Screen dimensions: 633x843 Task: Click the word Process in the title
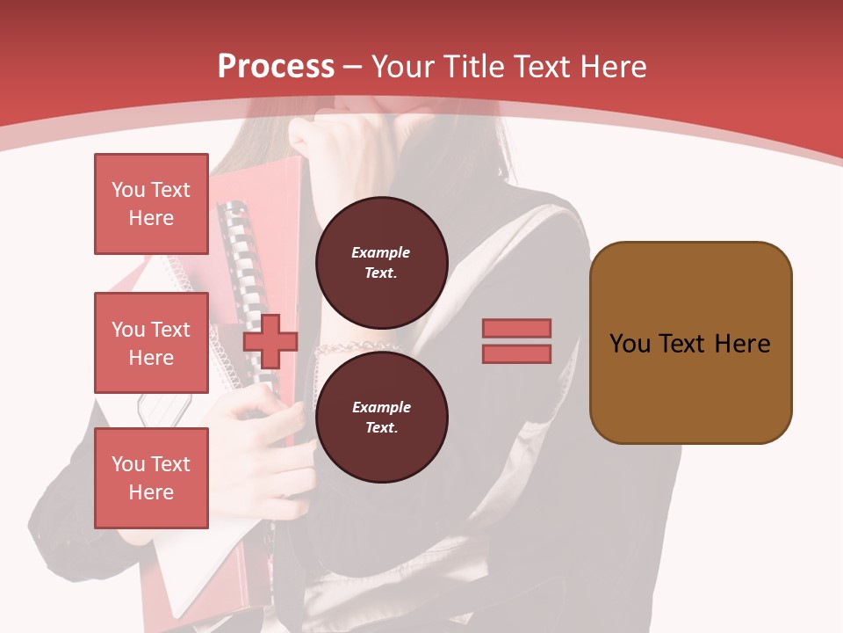276,67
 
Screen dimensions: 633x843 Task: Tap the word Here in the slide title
611,67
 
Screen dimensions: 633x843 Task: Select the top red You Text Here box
151,204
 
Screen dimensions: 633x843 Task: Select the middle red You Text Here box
151,343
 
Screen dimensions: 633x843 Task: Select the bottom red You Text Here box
151,477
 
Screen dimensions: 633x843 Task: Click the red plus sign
270,342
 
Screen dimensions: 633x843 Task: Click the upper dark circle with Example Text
381,263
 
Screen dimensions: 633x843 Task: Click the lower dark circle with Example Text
381,418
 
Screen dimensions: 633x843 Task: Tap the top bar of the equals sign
516,328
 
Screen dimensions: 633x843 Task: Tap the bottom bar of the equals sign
516,353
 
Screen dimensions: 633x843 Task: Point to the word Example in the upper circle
380,252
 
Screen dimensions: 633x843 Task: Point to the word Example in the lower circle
381,407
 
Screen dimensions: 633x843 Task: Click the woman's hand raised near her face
325,145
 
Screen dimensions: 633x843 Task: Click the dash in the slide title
352,67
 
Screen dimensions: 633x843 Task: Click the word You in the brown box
629,344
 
